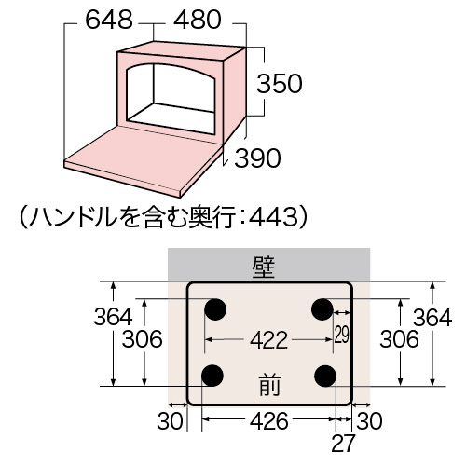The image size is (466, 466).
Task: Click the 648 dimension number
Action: click(109, 20)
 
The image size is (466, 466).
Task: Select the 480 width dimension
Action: click(198, 20)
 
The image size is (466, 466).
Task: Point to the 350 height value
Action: click(279, 84)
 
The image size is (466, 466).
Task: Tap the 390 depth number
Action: click(257, 158)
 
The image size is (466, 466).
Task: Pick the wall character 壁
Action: click(264, 267)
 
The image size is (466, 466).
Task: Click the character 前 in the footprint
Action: click(269, 385)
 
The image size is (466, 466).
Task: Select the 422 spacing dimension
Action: click(269, 340)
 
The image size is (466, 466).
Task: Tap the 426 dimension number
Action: click(269, 421)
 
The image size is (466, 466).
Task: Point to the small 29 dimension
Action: click(342, 335)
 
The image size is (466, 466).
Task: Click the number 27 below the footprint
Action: click(343, 444)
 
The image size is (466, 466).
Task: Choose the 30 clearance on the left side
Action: click(170, 421)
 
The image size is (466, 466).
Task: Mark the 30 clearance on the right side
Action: click(369, 421)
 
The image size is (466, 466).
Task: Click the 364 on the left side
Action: click(113, 317)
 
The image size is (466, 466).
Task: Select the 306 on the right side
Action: click(399, 338)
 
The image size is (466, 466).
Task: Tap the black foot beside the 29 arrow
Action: click(322, 309)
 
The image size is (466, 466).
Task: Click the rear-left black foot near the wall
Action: click(215, 309)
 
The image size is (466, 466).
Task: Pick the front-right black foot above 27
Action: click(325, 376)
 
